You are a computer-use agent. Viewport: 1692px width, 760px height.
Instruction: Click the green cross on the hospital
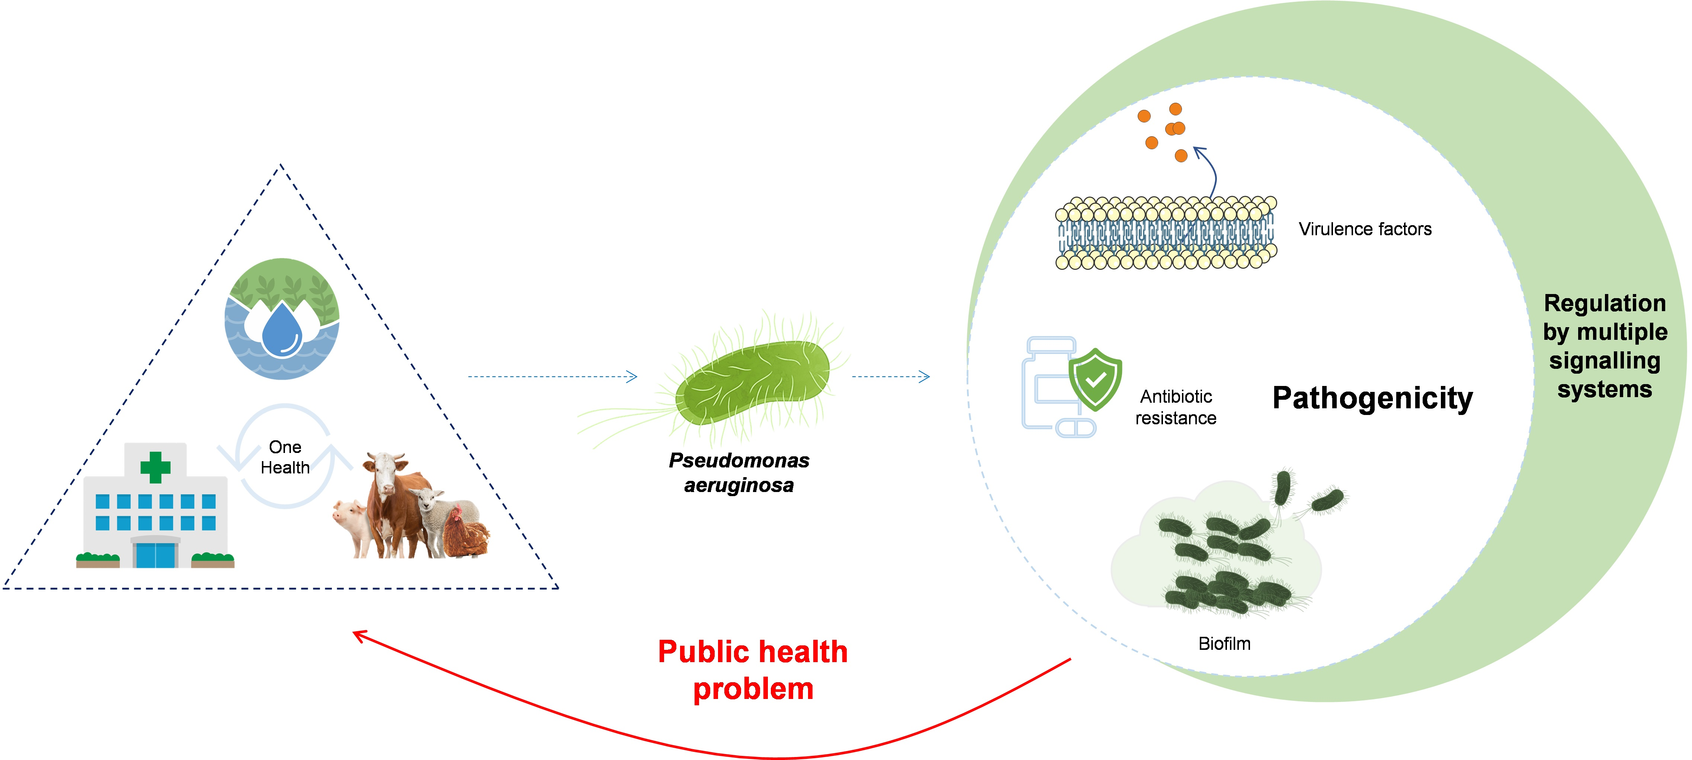coord(155,467)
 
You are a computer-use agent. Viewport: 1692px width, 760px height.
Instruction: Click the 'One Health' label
coord(285,457)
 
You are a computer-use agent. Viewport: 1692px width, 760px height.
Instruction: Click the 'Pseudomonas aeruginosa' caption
coord(739,472)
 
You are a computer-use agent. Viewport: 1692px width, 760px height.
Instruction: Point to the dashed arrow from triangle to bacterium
coord(552,376)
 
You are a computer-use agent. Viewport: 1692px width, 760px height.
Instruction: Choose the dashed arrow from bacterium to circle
coord(890,376)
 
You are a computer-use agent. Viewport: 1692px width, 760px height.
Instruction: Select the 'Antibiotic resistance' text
coord(1175,407)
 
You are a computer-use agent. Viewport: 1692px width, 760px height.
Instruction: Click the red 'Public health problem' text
coord(753,670)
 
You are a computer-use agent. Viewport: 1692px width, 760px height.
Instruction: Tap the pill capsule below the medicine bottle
coord(1075,429)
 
